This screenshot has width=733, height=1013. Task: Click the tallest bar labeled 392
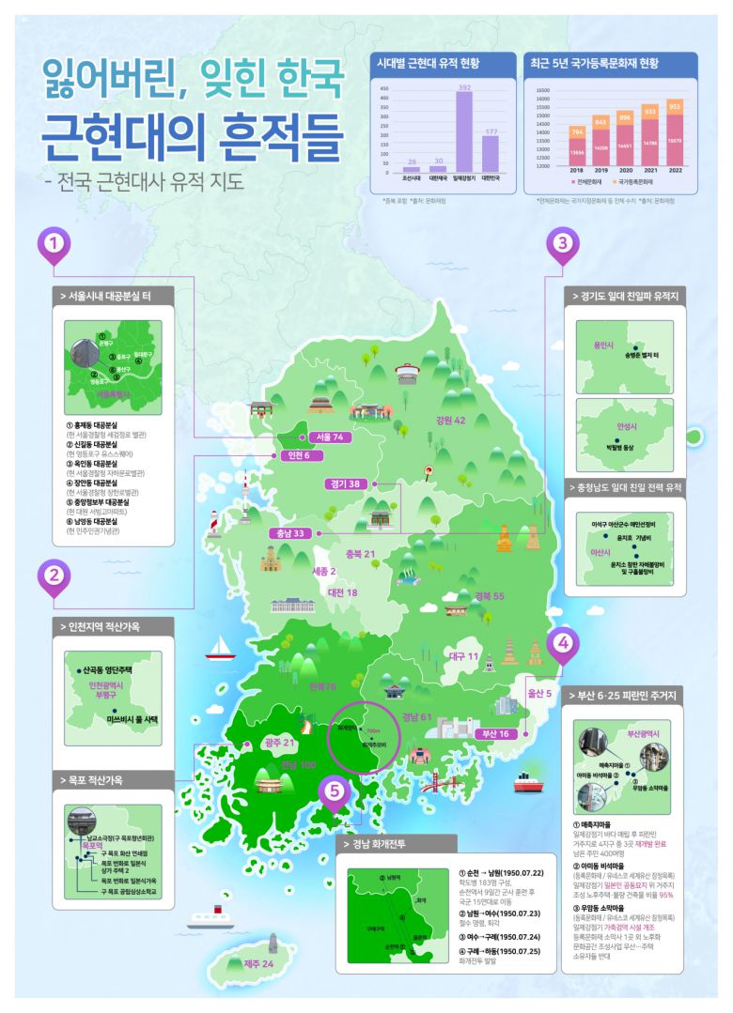463,132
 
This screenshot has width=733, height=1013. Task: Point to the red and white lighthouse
215,522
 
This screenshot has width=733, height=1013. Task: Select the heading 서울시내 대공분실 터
114,297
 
